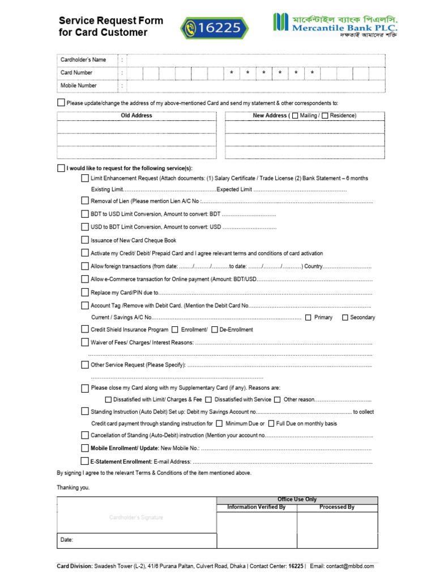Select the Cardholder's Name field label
tap(83, 60)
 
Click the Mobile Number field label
tap(79, 86)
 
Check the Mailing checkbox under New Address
tap(295, 116)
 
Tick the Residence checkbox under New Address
tap(325, 116)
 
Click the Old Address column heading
tap(137, 116)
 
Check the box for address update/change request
tap(61, 103)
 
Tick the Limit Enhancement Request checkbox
tap(85, 178)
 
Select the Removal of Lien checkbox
tap(85, 201)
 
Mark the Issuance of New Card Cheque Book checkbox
tap(85, 240)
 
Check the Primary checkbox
tap(308, 317)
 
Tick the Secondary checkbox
tap(345, 317)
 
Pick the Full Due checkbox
tap(271, 423)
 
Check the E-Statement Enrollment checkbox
tap(85, 461)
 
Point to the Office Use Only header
tap(297, 499)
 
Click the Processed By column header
tap(336, 507)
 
